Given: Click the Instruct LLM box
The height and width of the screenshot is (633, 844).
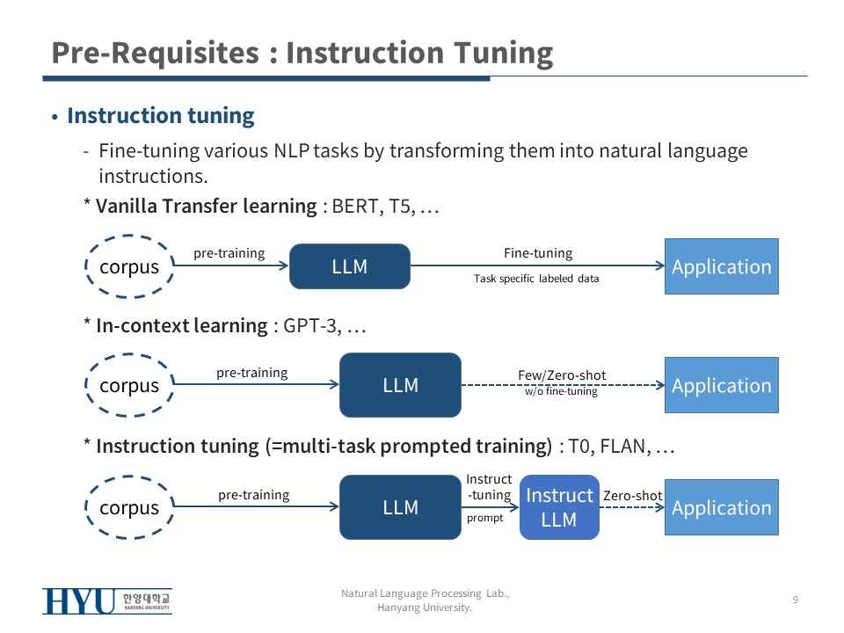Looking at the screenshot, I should pyautogui.click(x=559, y=507).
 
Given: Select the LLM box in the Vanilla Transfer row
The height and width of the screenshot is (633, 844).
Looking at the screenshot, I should pyautogui.click(x=350, y=266).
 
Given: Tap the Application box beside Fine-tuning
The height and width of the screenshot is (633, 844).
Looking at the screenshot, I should pyautogui.click(x=721, y=266).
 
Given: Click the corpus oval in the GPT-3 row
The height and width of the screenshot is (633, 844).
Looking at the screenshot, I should pyautogui.click(x=129, y=385).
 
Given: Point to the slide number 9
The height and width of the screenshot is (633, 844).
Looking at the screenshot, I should pyautogui.click(x=795, y=600).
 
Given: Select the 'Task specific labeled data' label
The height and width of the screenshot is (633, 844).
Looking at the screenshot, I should pyautogui.click(x=536, y=279).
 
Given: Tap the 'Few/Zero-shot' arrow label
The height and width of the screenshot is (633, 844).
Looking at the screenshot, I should pyautogui.click(x=562, y=375).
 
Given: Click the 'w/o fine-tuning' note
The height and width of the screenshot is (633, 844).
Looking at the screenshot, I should pyautogui.click(x=561, y=391).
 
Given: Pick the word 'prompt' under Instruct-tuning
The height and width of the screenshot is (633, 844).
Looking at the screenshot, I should pyautogui.click(x=484, y=518).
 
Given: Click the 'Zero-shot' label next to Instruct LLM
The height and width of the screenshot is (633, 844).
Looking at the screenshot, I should pyautogui.click(x=632, y=496).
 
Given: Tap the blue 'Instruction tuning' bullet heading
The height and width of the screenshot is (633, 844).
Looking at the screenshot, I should pyautogui.click(x=161, y=116).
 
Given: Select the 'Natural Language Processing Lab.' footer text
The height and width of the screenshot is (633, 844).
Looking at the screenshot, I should pyautogui.click(x=425, y=594).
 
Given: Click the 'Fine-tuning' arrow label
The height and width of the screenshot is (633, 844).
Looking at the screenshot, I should pyautogui.click(x=537, y=253).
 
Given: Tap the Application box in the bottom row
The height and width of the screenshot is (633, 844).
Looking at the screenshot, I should pyautogui.click(x=721, y=507).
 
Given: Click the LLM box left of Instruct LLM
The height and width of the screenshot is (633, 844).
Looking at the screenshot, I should pyautogui.click(x=400, y=507).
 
